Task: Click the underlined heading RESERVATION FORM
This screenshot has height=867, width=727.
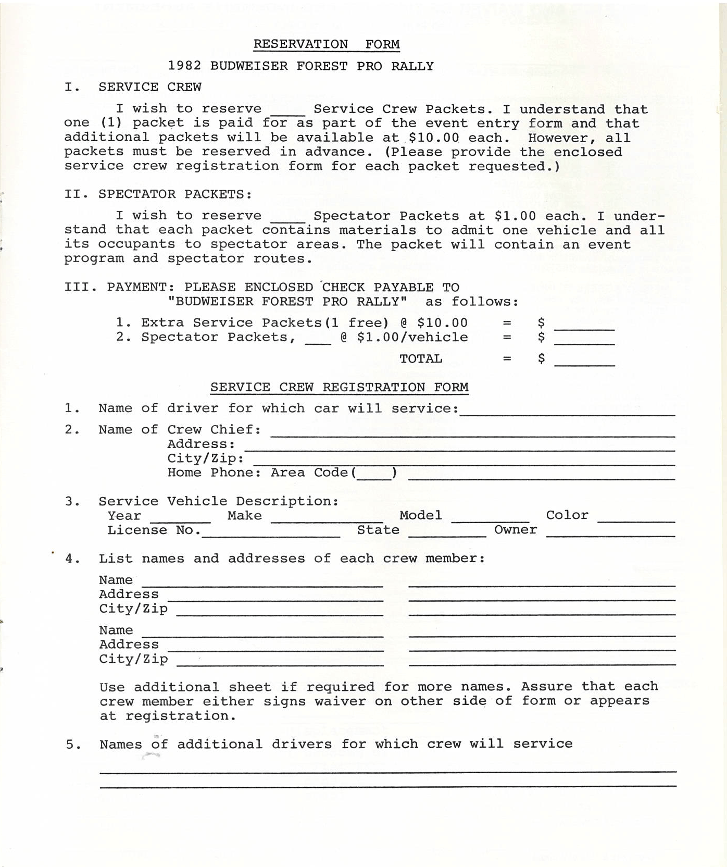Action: click(327, 44)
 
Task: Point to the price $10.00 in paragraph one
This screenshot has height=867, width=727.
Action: click(433, 138)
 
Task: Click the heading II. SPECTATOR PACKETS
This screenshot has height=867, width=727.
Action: click(158, 194)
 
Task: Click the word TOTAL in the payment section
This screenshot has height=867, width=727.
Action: click(421, 358)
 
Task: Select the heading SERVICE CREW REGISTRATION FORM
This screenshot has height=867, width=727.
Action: click(339, 387)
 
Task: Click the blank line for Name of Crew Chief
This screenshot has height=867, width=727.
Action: click(472, 433)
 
